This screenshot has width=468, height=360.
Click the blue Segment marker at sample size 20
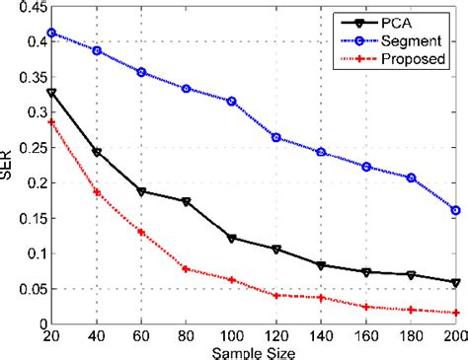pos(52,33)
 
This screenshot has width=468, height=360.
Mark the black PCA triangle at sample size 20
pos(52,93)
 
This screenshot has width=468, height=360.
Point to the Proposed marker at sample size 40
pos(97,191)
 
